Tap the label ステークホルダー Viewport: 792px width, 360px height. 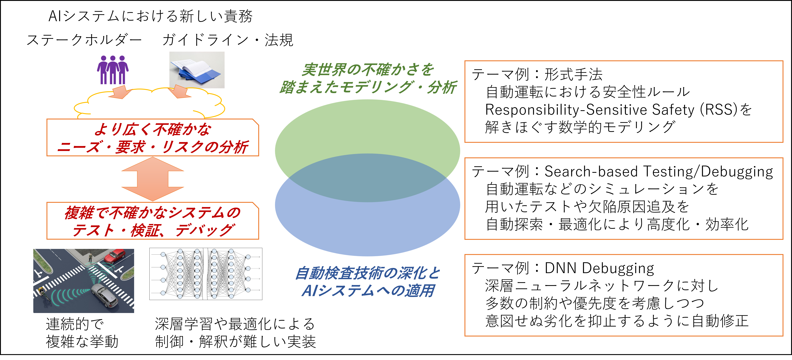[x=84, y=40]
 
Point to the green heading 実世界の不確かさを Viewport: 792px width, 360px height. [x=368, y=70]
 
